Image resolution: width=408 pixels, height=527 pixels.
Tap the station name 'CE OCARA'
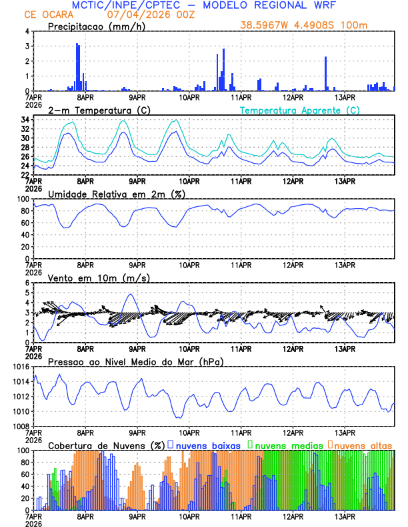pos(47,15)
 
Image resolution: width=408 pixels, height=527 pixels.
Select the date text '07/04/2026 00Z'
pos(141,15)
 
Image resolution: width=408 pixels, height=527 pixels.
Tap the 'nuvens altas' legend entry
pos(363,444)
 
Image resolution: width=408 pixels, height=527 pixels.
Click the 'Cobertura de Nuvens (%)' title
pos(106,444)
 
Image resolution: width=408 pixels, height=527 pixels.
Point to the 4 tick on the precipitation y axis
pos(27,31)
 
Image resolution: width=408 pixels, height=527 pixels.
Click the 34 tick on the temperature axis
pos(25,120)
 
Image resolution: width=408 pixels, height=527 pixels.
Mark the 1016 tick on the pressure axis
pos(21,367)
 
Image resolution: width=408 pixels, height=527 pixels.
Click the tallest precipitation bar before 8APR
pos(77,67)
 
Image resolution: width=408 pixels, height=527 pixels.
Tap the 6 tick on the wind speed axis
pos(27,283)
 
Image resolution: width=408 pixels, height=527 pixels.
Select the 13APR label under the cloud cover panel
pos(344,516)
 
